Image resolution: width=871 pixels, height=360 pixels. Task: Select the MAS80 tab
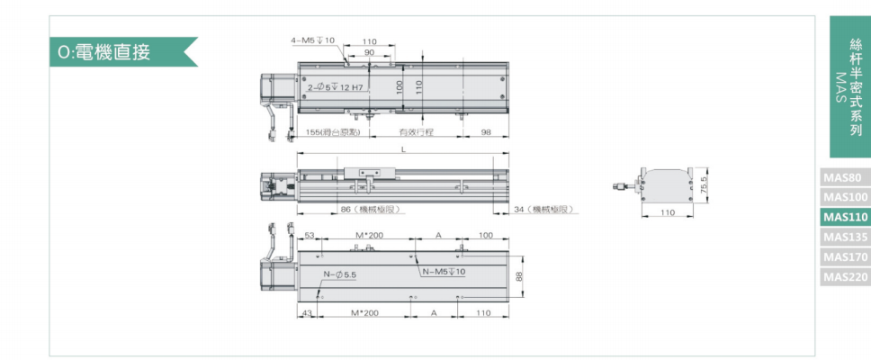click(844, 178)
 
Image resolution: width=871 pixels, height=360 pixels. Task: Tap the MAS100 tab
click(844, 197)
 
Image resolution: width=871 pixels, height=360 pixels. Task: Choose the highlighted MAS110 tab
click(844, 217)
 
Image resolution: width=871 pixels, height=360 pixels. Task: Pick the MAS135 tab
click(844, 237)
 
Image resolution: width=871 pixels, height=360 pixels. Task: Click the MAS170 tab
click(844, 256)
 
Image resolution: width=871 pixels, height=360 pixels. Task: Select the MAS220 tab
click(844, 276)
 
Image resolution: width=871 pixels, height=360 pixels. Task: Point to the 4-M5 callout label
click(313, 40)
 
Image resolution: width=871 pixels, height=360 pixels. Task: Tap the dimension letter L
click(404, 149)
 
